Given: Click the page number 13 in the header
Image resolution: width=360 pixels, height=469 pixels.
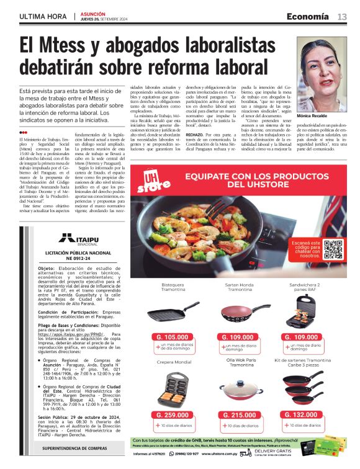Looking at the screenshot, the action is pos(342,16).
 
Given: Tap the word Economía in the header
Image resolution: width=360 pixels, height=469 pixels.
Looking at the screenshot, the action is pos(307,16).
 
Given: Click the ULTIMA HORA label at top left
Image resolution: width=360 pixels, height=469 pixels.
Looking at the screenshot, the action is pos(43,16).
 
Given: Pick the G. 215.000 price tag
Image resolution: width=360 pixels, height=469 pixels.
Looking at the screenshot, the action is pos(240,414).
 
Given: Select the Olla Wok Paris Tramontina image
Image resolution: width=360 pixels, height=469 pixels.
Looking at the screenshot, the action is pos(240,389).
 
